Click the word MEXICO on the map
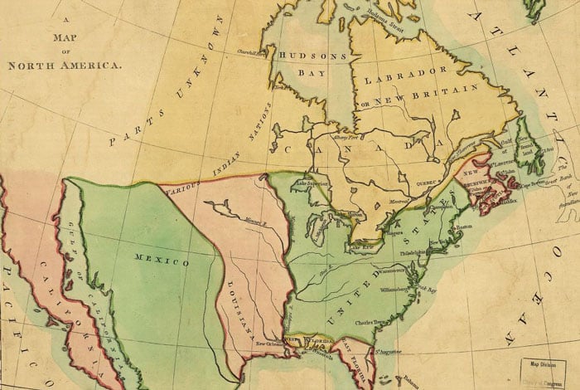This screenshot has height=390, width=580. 162,261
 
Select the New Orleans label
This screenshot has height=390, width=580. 271,343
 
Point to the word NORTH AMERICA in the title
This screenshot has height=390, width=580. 64,64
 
